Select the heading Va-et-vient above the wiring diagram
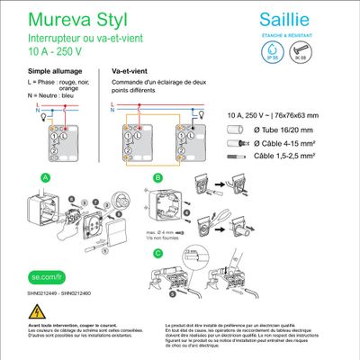(x=130, y=69)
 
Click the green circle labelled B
(x=157, y=178)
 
